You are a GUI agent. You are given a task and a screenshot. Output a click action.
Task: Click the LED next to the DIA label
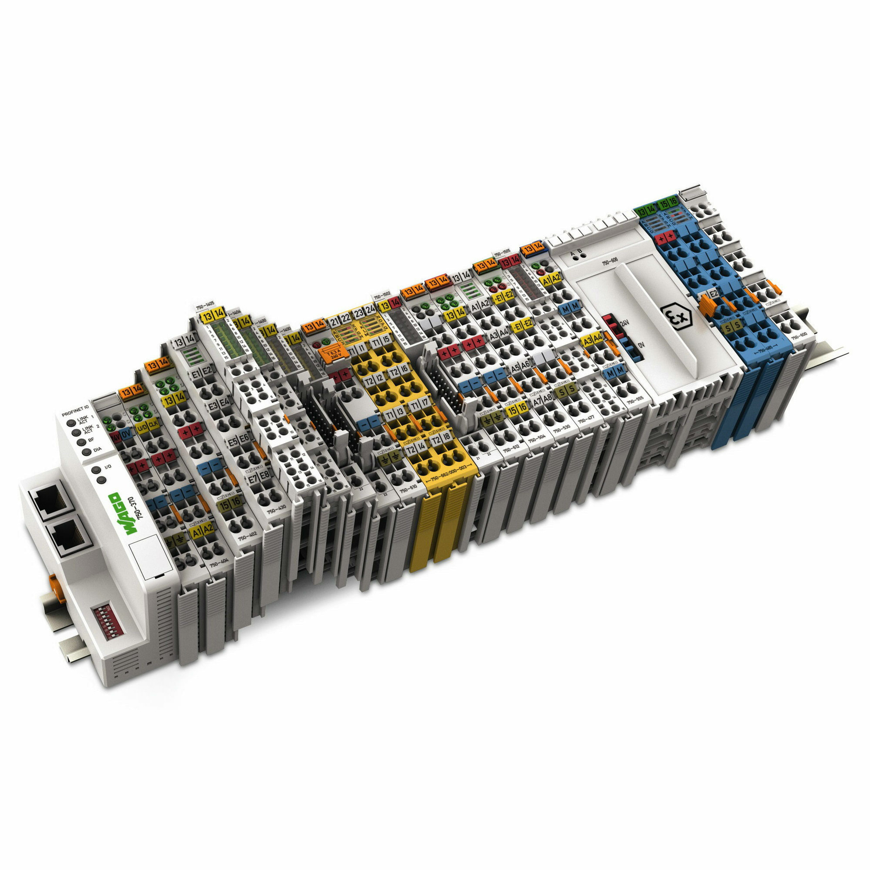pos(86,452)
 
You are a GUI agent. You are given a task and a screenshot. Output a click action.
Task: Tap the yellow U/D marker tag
pos(141,426)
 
